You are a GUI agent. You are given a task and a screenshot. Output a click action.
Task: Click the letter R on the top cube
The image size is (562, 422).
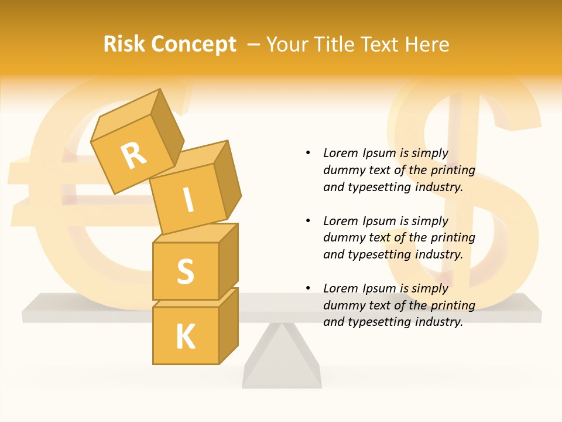133,156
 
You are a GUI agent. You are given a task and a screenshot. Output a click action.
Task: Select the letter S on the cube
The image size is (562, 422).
185,271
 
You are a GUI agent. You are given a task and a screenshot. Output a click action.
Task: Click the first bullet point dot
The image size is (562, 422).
308,154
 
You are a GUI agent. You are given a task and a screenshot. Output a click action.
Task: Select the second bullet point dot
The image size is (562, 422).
308,221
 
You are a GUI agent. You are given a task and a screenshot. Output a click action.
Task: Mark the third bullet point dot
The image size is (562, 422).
308,288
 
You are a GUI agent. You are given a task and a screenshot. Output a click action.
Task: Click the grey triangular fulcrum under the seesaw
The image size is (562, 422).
282,360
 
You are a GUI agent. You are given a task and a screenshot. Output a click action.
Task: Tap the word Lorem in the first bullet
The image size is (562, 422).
340,154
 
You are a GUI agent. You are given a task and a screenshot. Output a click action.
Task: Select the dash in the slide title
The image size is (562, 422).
253,45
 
